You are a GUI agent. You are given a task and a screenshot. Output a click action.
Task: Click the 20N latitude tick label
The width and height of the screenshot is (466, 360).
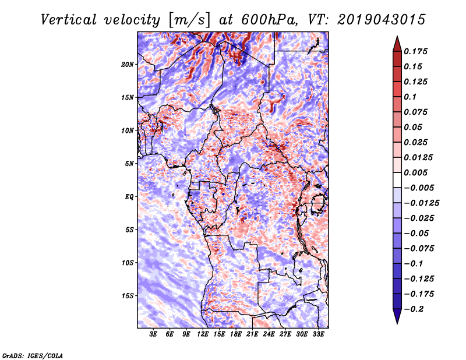tap(128, 64)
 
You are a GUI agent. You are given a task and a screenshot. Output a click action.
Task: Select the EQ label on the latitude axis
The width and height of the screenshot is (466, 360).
tap(129, 197)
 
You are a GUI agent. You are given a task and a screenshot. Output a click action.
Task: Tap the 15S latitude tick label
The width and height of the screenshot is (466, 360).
tap(128, 296)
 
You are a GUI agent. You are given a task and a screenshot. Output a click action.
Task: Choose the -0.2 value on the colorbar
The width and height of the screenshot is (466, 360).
tap(416, 309)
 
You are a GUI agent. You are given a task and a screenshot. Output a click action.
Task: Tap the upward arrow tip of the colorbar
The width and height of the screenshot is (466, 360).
tap(396, 38)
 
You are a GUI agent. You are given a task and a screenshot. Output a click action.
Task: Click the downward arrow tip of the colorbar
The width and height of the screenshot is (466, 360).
tap(396, 322)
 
